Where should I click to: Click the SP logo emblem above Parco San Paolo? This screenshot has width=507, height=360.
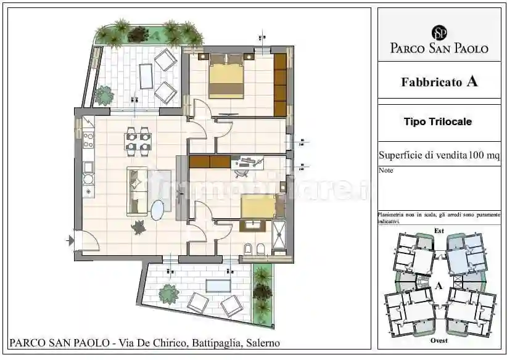click(439, 32)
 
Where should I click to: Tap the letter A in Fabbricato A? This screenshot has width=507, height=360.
click(472, 81)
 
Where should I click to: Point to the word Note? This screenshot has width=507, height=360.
click(385, 170)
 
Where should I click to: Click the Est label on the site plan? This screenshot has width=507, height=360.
click(439, 231)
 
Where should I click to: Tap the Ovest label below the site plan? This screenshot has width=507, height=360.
click(439, 340)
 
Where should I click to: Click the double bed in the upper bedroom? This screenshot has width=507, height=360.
click(226, 79)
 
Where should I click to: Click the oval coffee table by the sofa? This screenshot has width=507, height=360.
click(158, 211)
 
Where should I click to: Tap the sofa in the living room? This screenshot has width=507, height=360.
click(137, 191)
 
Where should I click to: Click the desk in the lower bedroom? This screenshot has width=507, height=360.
click(248, 162)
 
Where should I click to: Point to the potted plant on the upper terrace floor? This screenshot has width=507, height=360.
click(104, 95)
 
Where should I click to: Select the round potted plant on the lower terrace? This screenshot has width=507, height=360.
click(168, 294)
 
